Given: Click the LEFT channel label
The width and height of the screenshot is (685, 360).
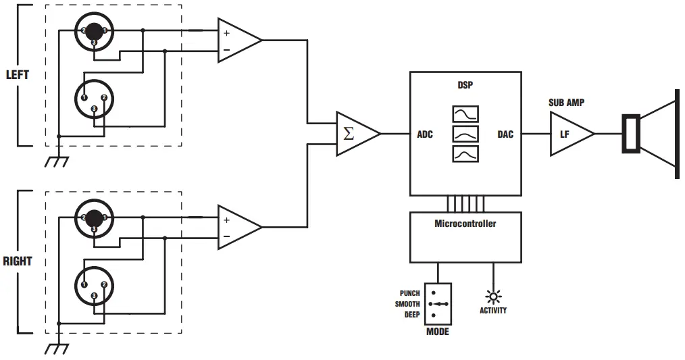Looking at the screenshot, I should (x=17, y=74).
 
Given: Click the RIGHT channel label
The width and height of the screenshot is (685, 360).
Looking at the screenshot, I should (x=18, y=261).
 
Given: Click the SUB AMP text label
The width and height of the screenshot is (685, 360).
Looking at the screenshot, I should (x=566, y=103).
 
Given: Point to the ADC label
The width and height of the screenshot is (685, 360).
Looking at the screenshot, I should (x=424, y=134).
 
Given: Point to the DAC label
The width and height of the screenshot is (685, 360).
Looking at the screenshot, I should (x=505, y=134).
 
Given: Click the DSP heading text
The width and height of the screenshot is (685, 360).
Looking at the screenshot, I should (x=465, y=86).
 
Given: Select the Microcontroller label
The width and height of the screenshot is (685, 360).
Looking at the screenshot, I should (x=465, y=223).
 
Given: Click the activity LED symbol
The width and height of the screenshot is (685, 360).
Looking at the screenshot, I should (x=493, y=297).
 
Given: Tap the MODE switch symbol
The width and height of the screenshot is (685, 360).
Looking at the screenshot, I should (x=438, y=304).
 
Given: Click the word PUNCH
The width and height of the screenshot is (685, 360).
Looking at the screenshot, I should (x=409, y=293).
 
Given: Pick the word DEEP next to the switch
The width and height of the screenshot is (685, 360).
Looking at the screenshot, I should (x=411, y=315).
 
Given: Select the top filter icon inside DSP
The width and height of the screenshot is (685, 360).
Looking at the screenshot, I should (x=465, y=113).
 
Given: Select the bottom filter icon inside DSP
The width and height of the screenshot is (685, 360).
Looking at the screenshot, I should (x=465, y=155).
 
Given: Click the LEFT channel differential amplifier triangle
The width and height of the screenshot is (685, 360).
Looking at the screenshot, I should (x=236, y=41).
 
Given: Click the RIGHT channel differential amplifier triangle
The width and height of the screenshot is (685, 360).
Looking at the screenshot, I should (x=236, y=228).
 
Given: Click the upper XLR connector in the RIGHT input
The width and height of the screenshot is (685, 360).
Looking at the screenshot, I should (x=94, y=217).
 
